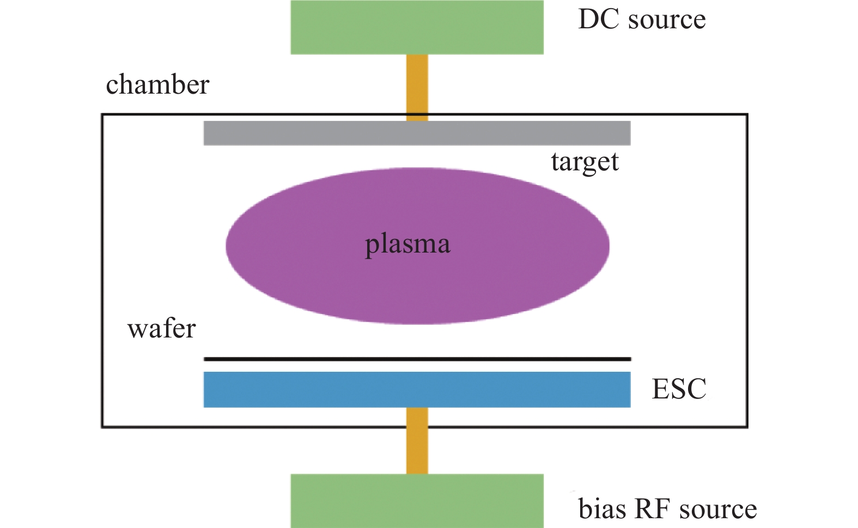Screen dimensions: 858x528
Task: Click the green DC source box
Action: point(417,27)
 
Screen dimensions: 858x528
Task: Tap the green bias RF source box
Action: point(417,501)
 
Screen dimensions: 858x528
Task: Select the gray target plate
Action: point(417,133)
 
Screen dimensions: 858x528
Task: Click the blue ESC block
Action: point(417,390)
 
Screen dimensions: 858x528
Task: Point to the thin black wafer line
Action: point(417,359)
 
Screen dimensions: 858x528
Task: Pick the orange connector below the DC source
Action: point(417,88)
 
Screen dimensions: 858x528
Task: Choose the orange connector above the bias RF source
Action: point(417,441)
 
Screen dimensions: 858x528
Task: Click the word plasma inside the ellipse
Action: point(407,245)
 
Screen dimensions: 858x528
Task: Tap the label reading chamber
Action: point(157,84)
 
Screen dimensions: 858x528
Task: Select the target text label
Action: point(585,163)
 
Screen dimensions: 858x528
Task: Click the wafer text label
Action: point(162,328)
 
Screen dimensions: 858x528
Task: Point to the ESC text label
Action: point(679,389)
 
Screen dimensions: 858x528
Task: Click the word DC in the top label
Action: point(599,19)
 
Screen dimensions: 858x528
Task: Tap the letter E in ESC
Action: point(660,389)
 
